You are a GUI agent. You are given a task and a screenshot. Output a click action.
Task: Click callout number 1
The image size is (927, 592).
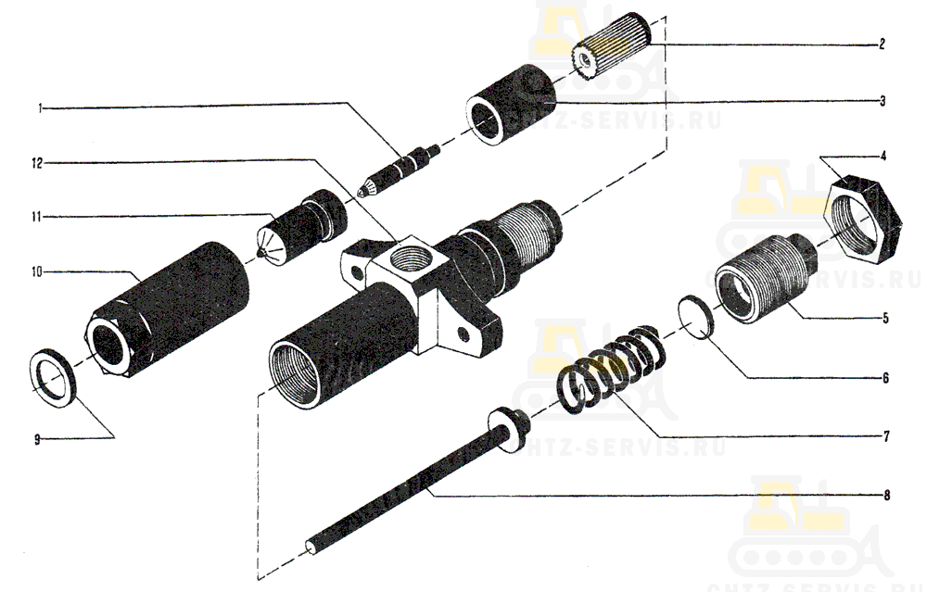tap(40, 108)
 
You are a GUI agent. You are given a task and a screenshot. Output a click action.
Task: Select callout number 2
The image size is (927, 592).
tap(883, 44)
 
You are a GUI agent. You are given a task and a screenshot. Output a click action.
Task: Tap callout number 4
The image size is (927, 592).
tap(883, 156)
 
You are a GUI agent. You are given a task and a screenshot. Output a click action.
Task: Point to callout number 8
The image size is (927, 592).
tap(887, 496)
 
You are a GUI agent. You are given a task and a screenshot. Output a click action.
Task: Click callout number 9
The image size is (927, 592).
tap(37, 440)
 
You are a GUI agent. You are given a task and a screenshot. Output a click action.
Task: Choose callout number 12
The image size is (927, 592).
tap(38, 163)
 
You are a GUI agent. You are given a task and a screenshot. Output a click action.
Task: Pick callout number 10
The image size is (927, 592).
tap(37, 271)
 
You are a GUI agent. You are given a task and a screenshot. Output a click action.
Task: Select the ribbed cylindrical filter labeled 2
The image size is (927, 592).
tap(615, 44)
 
